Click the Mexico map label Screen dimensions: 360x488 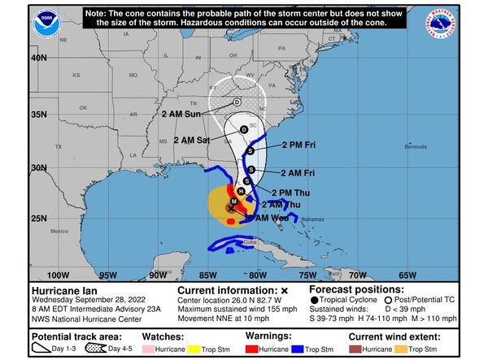pyautogui.click(x=58, y=231)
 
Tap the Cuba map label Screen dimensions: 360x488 pyautogui.click(x=249, y=243)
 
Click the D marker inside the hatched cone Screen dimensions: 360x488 pyautogui.click(x=237, y=102)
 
